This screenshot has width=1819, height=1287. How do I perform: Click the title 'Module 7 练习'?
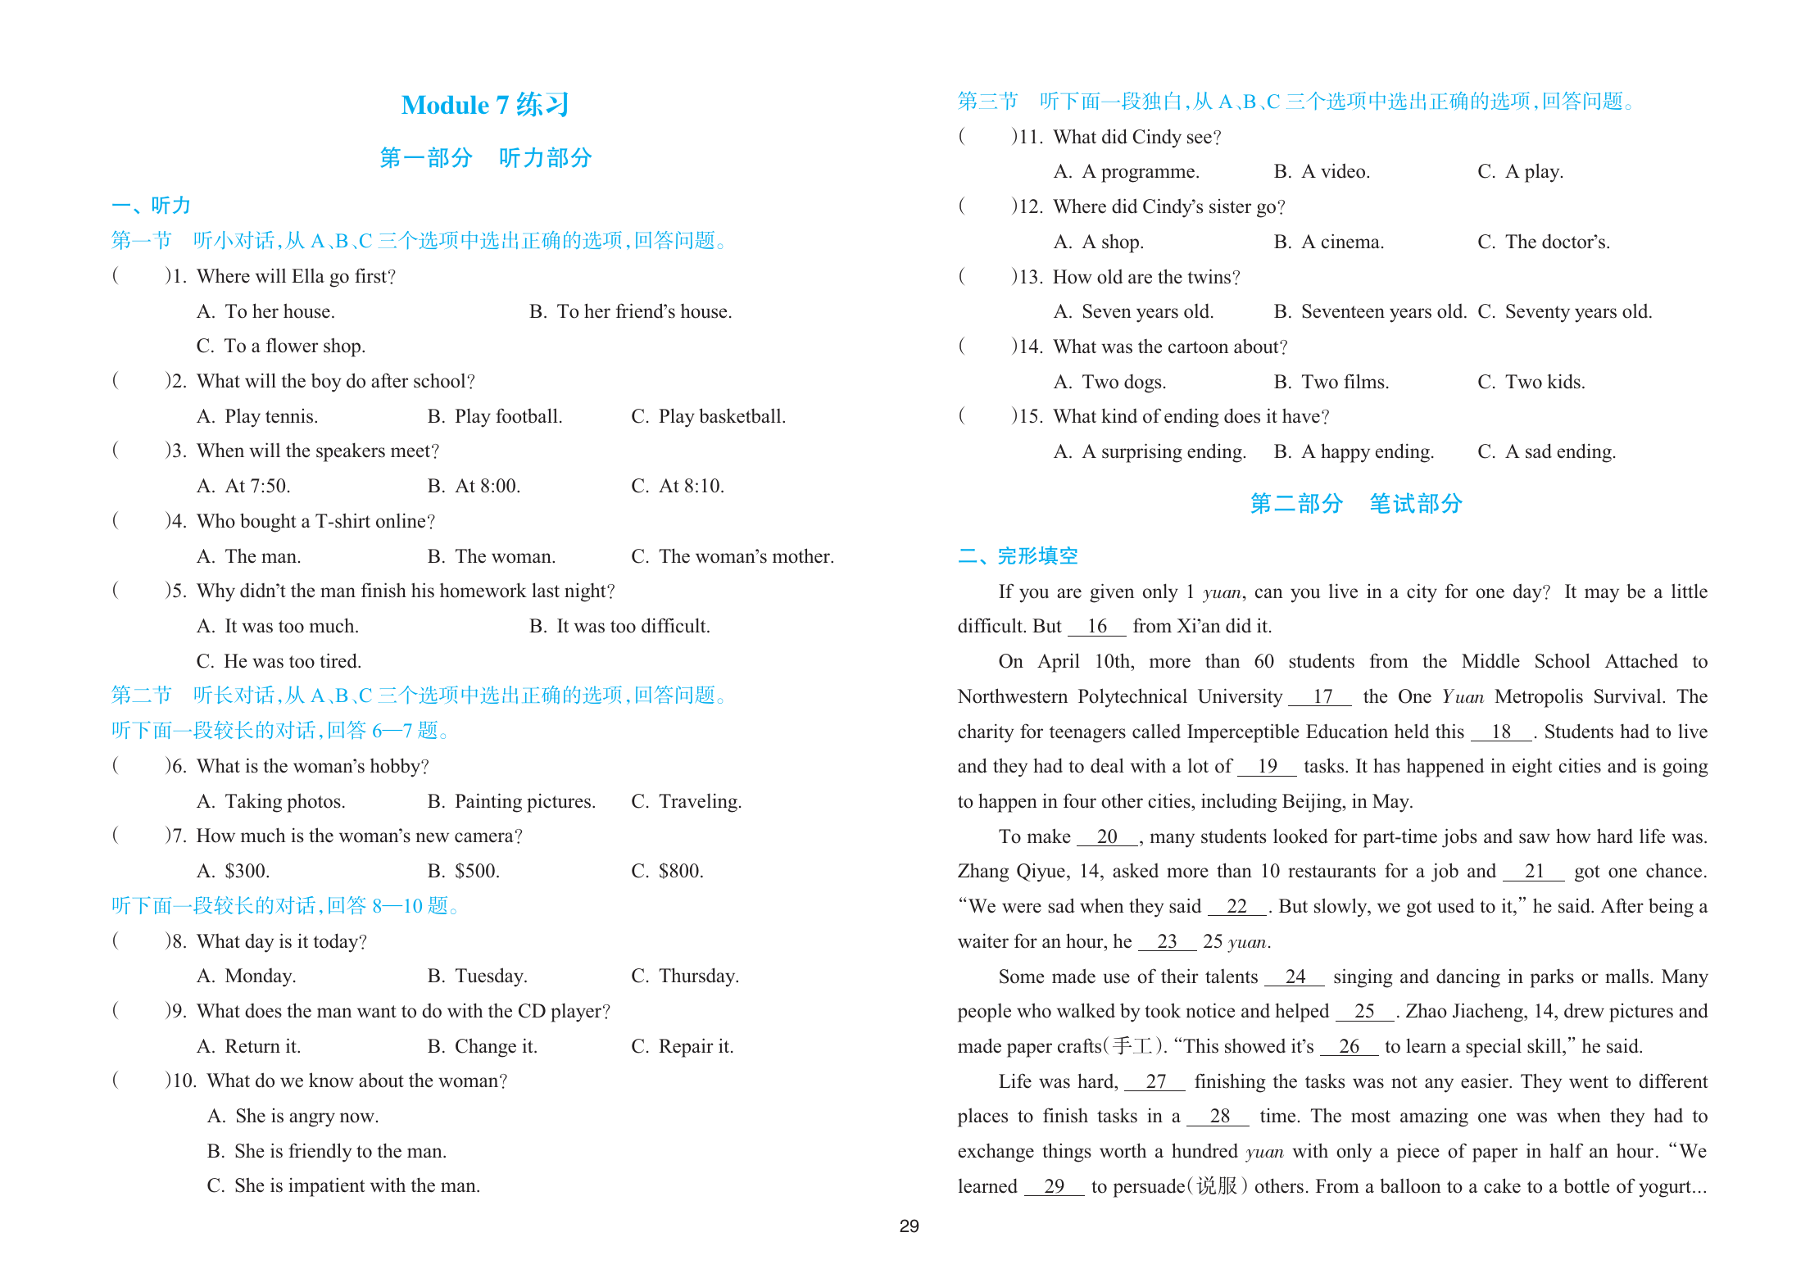pyautogui.click(x=485, y=105)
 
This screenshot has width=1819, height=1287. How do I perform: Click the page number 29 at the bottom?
pyautogui.click(x=909, y=1226)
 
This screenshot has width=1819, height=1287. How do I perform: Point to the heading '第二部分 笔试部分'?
pyautogui.click(x=1356, y=503)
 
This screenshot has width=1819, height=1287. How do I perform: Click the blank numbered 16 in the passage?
pyautogui.click(x=1096, y=626)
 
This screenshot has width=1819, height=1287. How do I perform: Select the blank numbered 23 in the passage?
pyautogui.click(x=1167, y=941)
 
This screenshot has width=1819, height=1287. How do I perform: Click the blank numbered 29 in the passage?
pyautogui.click(x=1054, y=1185)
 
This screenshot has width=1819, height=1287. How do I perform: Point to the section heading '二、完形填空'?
pyautogui.click(x=1018, y=556)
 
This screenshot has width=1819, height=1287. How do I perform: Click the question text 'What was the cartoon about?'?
pyautogui.click(x=1169, y=347)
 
